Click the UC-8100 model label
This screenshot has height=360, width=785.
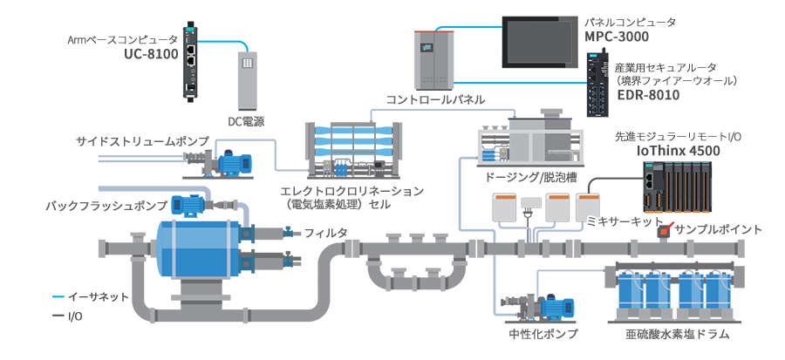(151, 53)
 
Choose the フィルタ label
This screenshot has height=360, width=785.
(325, 233)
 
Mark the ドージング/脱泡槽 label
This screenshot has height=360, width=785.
(530, 176)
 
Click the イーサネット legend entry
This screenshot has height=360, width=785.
(99, 297)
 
